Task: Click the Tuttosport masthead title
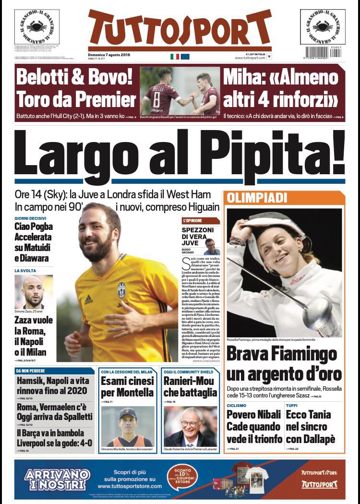pyautogui.click(x=180, y=28)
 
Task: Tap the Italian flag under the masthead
pyautogui.click(x=175, y=57)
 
